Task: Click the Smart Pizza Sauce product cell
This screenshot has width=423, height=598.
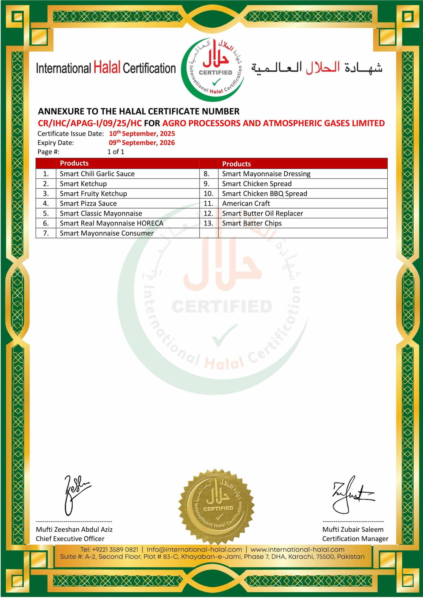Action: coord(88,204)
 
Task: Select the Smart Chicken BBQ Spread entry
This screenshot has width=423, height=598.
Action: coord(264,194)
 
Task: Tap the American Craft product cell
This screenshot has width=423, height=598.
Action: coord(246,204)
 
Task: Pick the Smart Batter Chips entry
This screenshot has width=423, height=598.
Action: coord(252,223)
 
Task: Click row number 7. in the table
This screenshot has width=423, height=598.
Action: coord(46,233)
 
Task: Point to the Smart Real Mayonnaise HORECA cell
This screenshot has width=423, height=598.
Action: coord(112,223)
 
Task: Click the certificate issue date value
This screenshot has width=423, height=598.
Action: coord(142,134)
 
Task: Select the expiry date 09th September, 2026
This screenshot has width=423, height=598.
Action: coord(142,143)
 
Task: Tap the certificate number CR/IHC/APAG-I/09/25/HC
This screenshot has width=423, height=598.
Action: coord(90,123)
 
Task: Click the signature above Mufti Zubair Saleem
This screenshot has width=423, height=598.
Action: coord(352,495)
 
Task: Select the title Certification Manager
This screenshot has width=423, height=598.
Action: coord(355,539)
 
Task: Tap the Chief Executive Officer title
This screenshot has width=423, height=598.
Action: coord(70,539)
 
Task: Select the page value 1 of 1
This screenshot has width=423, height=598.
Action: coord(116,152)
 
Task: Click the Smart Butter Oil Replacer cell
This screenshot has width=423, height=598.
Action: coord(263,213)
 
